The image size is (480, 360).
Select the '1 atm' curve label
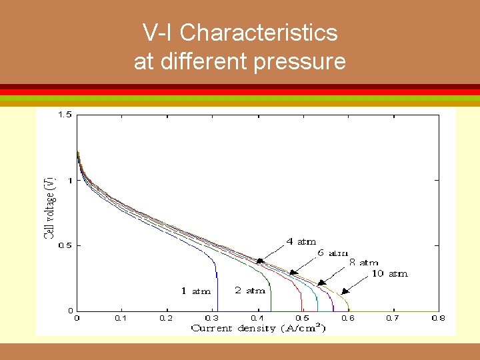point(196,291)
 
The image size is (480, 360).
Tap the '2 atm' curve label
point(250,290)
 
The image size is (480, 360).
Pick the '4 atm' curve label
point(301,242)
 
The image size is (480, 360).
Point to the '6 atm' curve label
point(333,253)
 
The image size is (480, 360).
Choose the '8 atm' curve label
point(364,263)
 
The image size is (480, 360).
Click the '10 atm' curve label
point(389,273)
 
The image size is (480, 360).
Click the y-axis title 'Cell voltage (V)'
point(50,207)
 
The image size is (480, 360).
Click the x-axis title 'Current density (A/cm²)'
point(258,328)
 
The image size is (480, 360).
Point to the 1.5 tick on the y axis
point(64,115)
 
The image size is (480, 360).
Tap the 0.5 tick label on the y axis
point(64,245)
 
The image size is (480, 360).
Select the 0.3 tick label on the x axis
point(211,319)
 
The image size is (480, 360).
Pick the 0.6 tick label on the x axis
point(347,319)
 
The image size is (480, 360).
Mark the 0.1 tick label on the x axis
point(121,319)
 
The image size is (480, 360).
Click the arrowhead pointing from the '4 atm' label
point(260,261)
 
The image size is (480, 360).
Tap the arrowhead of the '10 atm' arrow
point(344,291)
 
